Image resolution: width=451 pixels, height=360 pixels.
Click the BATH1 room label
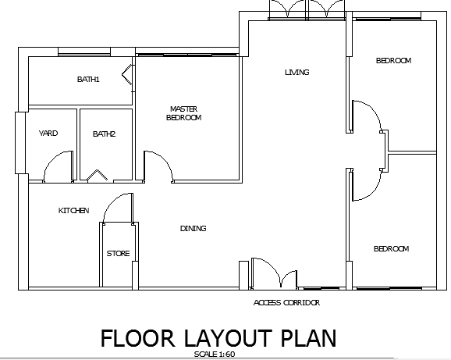pyautogui.click(x=88, y=79)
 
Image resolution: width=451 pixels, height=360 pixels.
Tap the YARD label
pyautogui.click(x=48, y=133)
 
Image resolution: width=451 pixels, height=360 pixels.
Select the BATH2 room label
pyautogui.click(x=104, y=134)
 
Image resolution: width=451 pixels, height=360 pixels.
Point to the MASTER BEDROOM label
pyautogui.click(x=184, y=113)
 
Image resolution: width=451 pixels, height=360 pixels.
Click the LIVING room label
pyautogui.click(x=297, y=72)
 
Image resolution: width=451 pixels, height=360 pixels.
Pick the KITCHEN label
pyautogui.click(x=73, y=210)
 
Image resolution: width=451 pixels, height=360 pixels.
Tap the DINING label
pyautogui.click(x=194, y=228)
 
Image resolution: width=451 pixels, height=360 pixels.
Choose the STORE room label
pyautogui.click(x=119, y=253)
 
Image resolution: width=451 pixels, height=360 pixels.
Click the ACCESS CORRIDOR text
pyautogui.click(x=287, y=302)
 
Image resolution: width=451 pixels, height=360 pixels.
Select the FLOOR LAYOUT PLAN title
pyautogui.click(x=218, y=338)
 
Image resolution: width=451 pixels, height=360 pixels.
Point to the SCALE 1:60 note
pyautogui.click(x=215, y=354)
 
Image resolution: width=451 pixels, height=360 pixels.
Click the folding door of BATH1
pyautogui.click(x=127, y=75)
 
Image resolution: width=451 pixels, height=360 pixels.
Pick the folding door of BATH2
pyautogui.click(x=98, y=175)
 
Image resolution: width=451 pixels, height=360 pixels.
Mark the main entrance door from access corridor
pyautogui.click(x=273, y=273)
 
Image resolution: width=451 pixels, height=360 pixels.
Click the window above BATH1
pyautogui.click(x=84, y=54)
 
